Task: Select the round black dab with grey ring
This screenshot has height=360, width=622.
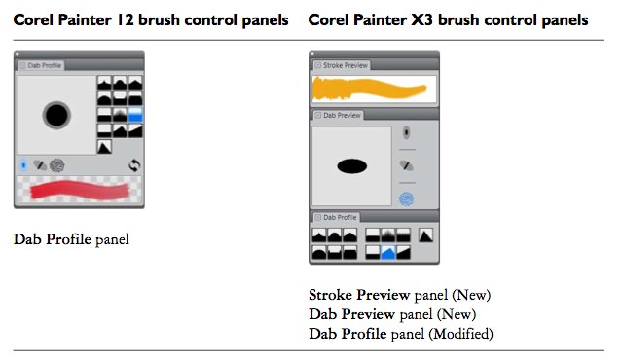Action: pyautogui.click(x=56, y=117)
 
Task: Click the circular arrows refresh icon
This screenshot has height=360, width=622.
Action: pyautogui.click(x=134, y=165)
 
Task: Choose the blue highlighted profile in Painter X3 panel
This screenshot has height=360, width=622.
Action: pyautogui.click(x=389, y=253)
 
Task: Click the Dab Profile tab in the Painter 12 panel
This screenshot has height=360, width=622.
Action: pyautogui.click(x=44, y=65)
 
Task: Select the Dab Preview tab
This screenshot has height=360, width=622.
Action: pyautogui.click(x=337, y=115)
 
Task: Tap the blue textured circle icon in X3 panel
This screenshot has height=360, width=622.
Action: pyautogui.click(x=407, y=198)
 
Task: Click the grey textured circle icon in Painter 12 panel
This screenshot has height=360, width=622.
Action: pyautogui.click(x=57, y=165)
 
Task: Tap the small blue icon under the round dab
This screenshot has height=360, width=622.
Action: pyautogui.click(x=23, y=165)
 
